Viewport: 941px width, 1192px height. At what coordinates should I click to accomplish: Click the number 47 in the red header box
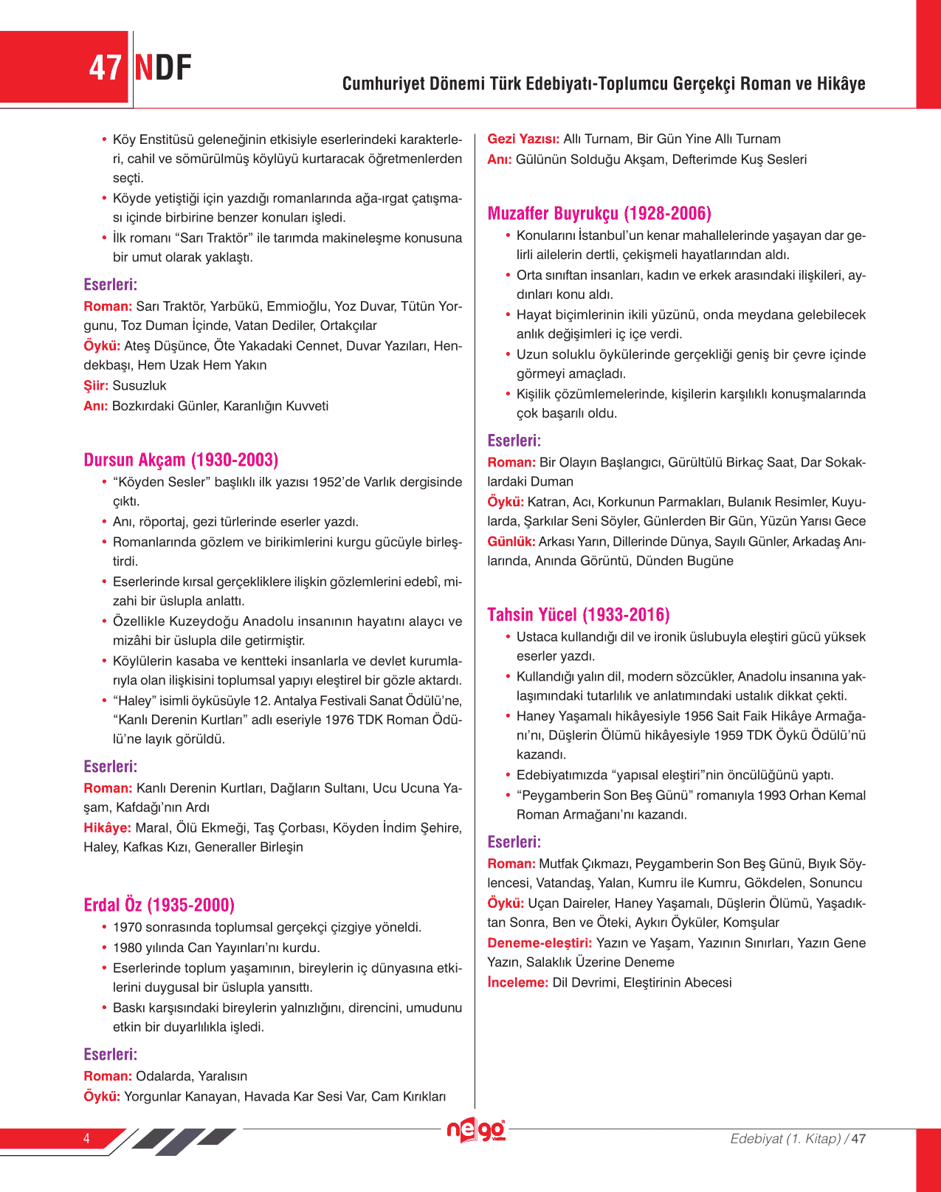pos(105,68)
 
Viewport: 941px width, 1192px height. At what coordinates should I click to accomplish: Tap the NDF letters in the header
pos(163,68)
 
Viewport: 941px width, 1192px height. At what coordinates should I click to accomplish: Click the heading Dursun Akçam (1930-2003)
pos(181,460)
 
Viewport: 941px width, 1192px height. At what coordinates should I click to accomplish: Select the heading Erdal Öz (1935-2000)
pos(159,905)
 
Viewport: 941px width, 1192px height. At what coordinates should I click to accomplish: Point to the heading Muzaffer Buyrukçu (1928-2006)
pos(599,214)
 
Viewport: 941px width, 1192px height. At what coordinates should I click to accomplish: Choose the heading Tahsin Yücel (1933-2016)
pos(578,615)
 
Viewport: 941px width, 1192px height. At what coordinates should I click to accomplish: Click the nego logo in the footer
pos(475,1130)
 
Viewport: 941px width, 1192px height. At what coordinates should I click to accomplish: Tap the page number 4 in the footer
pos(86,1138)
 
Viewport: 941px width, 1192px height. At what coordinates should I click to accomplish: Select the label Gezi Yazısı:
pos(523,139)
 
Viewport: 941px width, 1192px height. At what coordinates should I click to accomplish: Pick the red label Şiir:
pos(96,385)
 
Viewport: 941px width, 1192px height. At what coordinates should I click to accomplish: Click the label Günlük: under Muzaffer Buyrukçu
pos(511,541)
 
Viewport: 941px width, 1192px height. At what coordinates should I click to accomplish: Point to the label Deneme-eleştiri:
pos(540,943)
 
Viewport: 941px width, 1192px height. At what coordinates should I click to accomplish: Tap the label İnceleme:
pos(517,982)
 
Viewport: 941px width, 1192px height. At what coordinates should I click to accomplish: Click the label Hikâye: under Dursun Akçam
pos(107,827)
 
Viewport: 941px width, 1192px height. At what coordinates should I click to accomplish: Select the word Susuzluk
pos(139,385)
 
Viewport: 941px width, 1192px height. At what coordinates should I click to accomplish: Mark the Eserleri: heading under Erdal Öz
pos(110,1054)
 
